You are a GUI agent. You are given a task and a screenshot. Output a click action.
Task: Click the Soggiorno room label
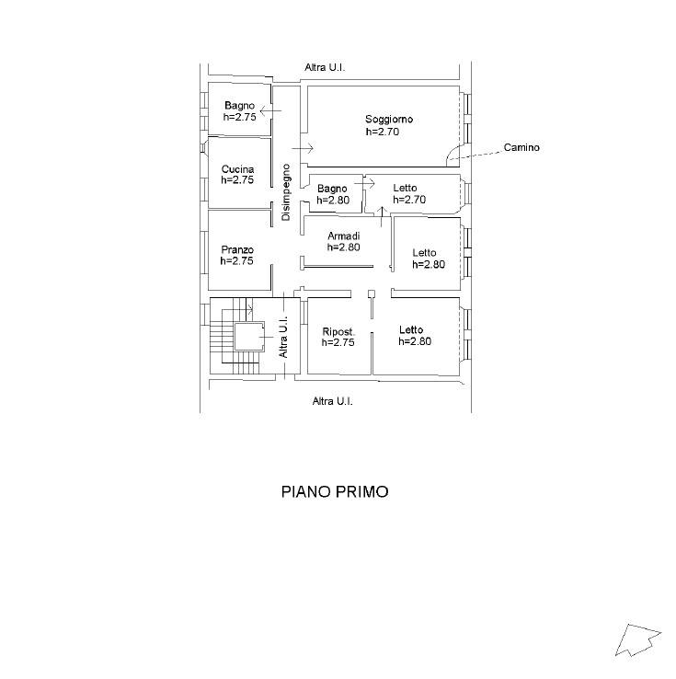[x=389, y=119]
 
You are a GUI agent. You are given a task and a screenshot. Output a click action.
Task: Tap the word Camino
[x=521, y=147]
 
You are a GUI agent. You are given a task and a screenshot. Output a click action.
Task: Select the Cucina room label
[x=237, y=169]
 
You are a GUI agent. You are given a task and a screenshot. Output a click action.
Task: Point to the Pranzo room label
[x=237, y=249]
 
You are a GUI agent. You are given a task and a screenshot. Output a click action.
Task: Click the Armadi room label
[x=344, y=236]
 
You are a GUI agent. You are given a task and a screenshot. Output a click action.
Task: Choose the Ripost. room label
[x=338, y=332]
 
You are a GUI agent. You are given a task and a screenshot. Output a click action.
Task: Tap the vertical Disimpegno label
[x=286, y=192]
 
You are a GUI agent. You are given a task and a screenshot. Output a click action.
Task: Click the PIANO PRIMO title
[x=335, y=492]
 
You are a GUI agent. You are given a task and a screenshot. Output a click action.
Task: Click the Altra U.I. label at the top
[x=325, y=67]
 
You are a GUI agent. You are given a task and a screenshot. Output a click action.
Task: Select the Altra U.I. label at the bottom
[x=332, y=401]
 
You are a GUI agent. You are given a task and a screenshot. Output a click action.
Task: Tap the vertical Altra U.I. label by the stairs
[x=283, y=337]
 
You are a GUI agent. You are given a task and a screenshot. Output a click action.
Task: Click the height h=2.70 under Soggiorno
[x=383, y=132]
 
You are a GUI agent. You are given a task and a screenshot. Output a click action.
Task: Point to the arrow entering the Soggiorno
[x=303, y=148]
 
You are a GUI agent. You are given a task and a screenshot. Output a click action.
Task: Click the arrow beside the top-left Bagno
[x=271, y=110]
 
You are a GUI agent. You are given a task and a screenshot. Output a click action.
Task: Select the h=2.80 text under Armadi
[x=344, y=247]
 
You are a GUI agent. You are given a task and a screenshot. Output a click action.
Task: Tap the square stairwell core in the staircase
[x=249, y=337]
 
